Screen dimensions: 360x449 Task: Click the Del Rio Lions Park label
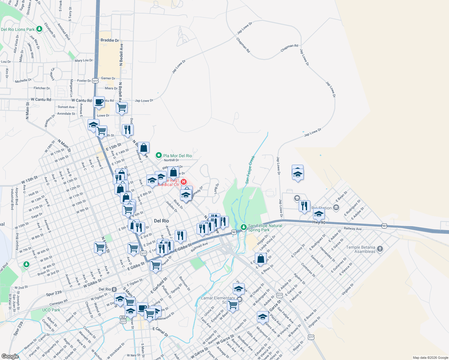point(18,29)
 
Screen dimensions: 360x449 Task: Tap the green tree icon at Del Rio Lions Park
point(39,29)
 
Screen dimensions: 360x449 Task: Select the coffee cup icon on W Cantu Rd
point(99,102)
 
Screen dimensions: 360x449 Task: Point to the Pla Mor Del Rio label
point(177,156)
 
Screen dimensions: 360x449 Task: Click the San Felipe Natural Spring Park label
point(265,228)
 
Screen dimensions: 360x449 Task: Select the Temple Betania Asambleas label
point(360,249)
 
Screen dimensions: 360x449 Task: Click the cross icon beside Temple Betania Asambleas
point(380,249)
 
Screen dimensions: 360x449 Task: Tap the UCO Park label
point(51,310)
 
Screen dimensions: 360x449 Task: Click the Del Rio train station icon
point(114,289)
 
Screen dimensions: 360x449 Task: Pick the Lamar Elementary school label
point(218,298)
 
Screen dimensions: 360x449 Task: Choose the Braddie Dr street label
point(110,40)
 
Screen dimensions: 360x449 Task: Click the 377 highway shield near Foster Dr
point(95,81)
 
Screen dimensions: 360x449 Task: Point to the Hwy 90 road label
point(319,222)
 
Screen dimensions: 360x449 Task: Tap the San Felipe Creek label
point(250,169)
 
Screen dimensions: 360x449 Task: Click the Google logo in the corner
point(10,356)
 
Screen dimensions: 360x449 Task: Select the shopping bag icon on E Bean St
point(261,259)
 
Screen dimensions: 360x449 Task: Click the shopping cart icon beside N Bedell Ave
point(122,107)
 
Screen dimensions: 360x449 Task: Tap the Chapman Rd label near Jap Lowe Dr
point(243,45)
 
